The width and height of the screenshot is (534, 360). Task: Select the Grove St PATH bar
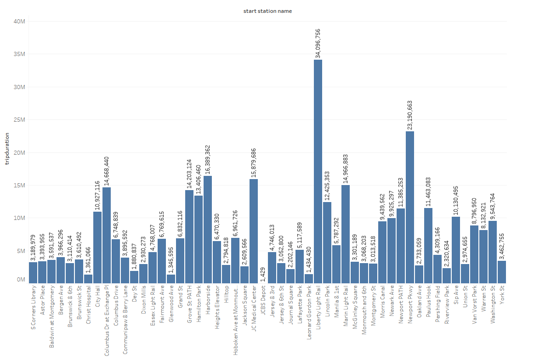point(189,236)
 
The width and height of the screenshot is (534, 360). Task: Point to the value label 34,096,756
point(318,43)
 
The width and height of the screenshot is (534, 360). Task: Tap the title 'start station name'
point(267,11)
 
